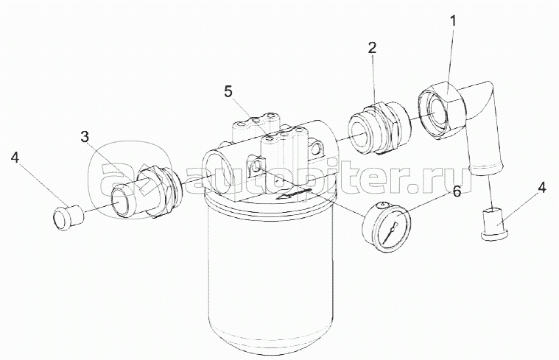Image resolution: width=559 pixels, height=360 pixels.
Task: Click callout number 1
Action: (x=453, y=21)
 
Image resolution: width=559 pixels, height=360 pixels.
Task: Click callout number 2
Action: (x=372, y=47)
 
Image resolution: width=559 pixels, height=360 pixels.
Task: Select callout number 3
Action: (x=85, y=137)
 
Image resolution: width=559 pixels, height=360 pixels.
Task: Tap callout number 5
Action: (x=228, y=91)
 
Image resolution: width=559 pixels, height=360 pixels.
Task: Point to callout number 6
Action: (x=457, y=191)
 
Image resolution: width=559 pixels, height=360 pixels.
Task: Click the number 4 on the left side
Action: (x=15, y=158)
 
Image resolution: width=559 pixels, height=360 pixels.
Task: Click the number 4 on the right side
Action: (x=541, y=188)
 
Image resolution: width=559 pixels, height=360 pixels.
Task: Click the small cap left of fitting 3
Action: (x=68, y=217)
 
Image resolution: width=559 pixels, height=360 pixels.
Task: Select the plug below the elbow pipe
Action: (x=494, y=224)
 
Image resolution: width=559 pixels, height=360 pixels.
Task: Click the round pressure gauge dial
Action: (x=385, y=223)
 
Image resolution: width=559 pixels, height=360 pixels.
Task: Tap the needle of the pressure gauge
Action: (x=391, y=232)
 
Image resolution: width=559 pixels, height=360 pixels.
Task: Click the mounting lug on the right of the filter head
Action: (x=317, y=149)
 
